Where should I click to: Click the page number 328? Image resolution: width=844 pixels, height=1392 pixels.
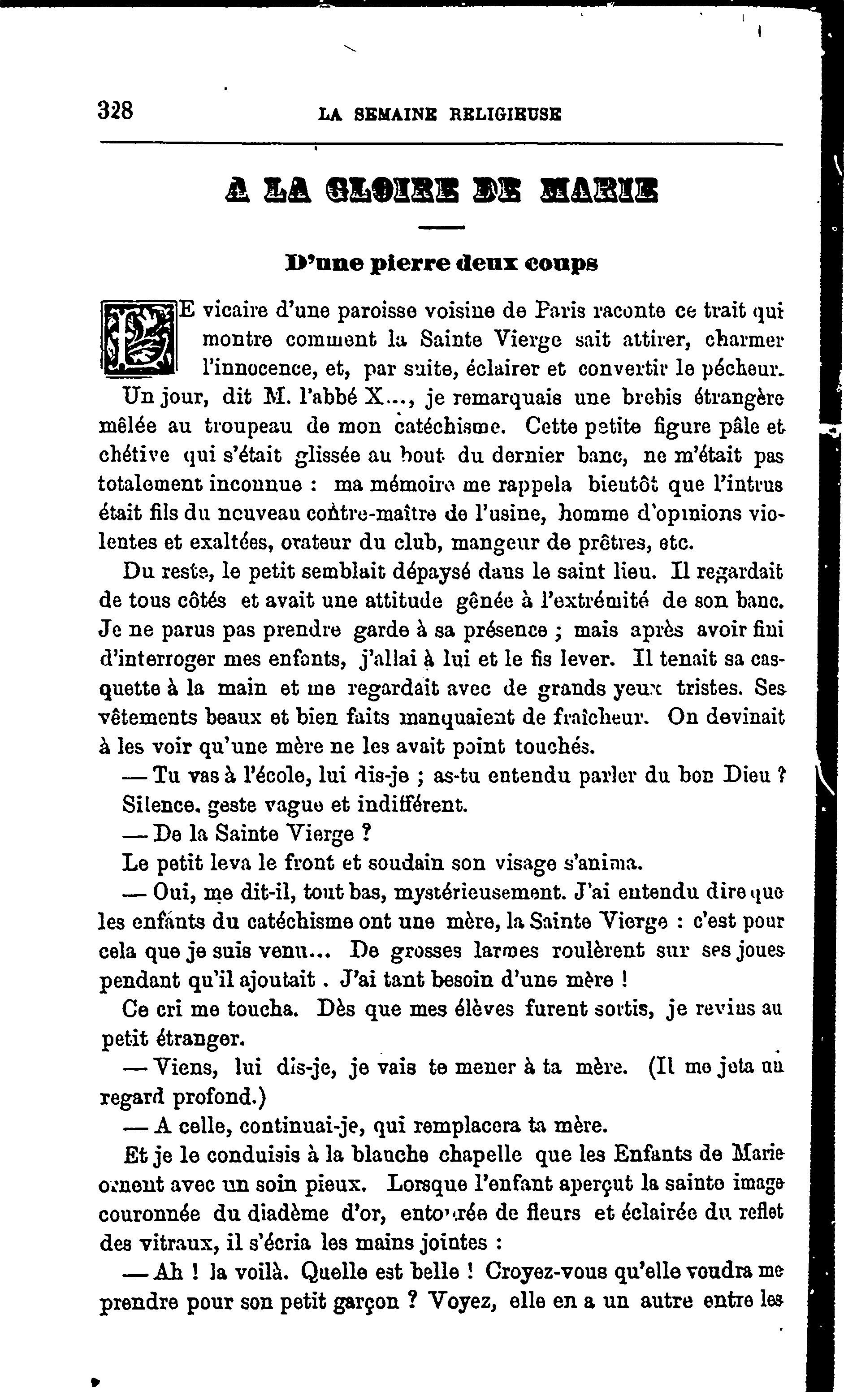pos(115,110)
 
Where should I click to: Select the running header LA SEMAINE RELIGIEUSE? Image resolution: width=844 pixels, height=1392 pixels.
pos(440,115)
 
